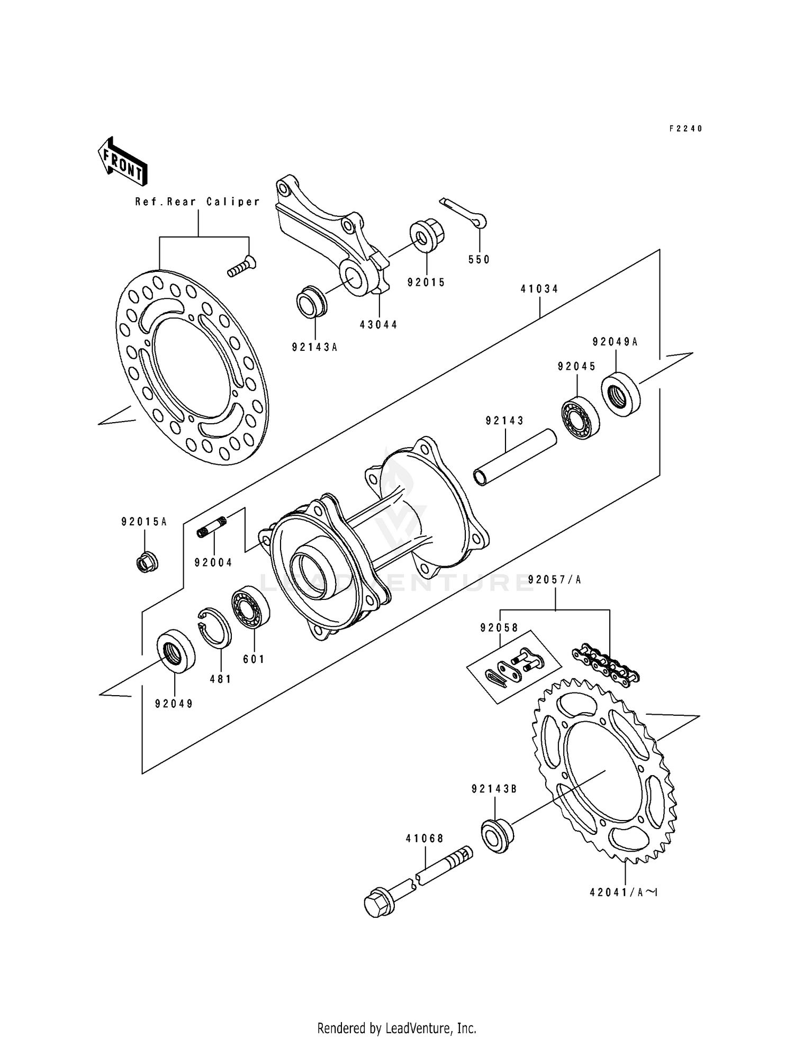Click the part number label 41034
point(539,289)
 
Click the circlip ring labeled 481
point(215,627)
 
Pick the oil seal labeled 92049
point(176,651)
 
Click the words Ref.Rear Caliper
point(197,202)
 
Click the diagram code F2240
point(685,129)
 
